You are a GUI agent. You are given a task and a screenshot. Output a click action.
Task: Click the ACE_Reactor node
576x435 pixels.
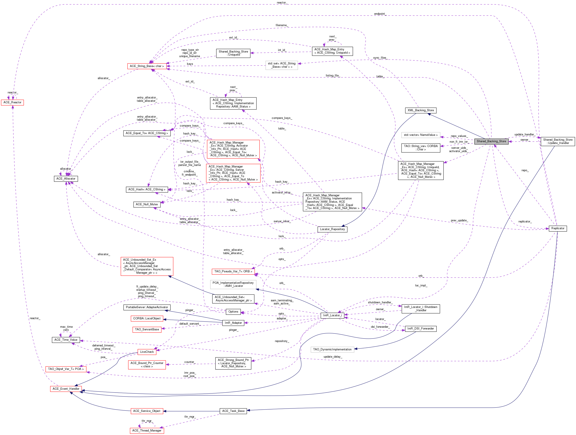tap(13, 102)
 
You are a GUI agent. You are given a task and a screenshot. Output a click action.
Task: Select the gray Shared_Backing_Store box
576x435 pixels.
tap(491, 141)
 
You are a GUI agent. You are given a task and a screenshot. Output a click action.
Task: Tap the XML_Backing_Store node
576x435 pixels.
tap(421, 110)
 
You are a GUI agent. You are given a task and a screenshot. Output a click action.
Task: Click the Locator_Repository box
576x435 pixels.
tap(332, 229)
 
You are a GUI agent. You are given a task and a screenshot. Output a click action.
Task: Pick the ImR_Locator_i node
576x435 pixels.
tap(332, 315)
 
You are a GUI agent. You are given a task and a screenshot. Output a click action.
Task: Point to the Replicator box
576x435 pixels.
tap(558, 228)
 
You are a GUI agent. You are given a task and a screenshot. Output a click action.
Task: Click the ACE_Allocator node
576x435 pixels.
tap(66, 179)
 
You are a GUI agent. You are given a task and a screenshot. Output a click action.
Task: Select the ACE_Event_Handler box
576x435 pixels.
tap(66, 389)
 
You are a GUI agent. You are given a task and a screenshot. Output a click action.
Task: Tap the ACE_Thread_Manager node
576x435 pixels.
tap(147, 430)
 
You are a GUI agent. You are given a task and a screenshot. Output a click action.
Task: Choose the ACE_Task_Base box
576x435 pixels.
tap(233, 411)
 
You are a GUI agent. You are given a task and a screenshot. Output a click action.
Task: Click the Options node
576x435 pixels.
tap(233, 311)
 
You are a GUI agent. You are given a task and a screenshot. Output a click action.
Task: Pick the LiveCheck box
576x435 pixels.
tap(147, 352)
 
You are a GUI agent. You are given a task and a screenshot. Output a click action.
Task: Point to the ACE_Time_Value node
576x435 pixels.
tap(66, 340)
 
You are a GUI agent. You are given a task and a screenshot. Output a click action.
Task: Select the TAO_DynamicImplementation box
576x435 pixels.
tap(332, 349)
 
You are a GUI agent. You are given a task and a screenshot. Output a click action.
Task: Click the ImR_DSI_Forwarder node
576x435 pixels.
tap(421, 329)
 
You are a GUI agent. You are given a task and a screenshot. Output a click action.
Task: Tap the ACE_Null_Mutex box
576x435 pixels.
tap(147, 204)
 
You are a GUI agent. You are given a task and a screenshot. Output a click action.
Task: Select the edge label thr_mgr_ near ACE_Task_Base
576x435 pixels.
tap(190, 417)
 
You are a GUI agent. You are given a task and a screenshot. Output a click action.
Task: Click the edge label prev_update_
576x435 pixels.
tap(459, 220)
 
